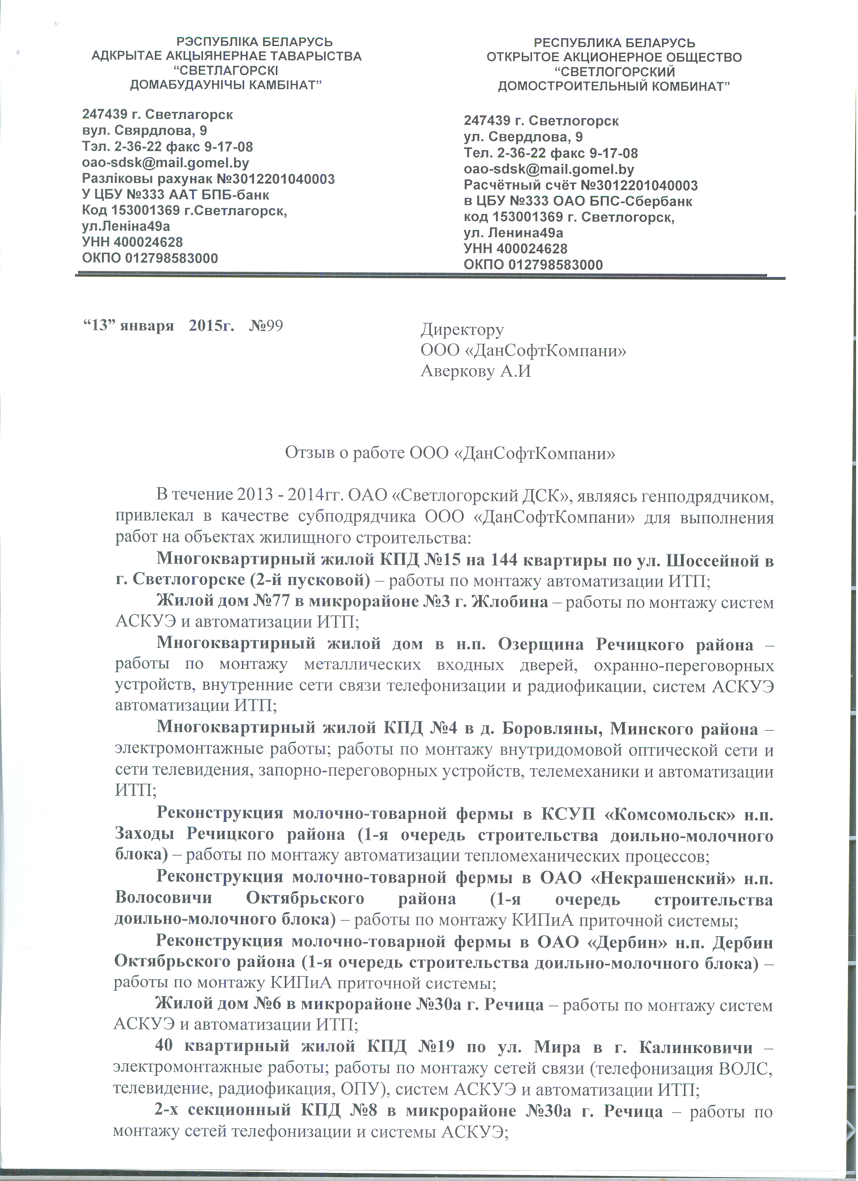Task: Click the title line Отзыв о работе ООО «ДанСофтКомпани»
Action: click(x=450, y=453)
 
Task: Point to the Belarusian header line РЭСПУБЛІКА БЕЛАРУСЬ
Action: click(x=255, y=42)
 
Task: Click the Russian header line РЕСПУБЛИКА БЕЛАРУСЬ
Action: click(x=614, y=43)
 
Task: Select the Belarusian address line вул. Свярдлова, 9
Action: click(x=144, y=130)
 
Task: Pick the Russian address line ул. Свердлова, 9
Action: click(x=523, y=137)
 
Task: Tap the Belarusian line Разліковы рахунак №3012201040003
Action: click(x=208, y=179)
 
